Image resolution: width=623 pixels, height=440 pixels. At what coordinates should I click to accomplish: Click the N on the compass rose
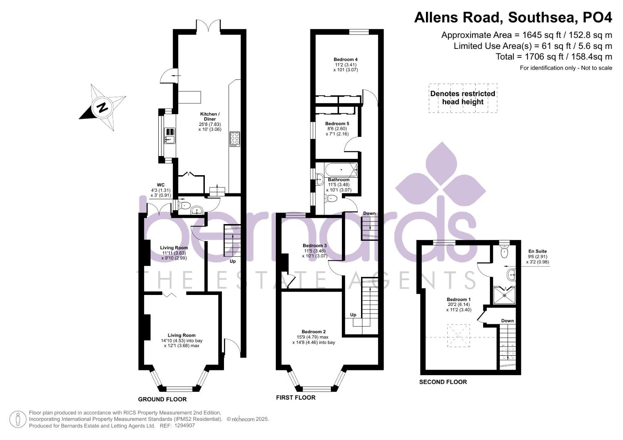click(x=103, y=107)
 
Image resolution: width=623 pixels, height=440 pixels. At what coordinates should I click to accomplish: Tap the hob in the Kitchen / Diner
click(x=235, y=139)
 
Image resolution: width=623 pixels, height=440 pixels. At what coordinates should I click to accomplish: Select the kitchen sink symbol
click(x=170, y=136)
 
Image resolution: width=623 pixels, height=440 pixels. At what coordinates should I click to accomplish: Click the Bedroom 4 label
click(x=346, y=59)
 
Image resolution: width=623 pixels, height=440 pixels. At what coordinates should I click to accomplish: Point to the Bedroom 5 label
click(x=337, y=123)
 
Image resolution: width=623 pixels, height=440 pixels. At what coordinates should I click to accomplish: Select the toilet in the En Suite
click(x=504, y=252)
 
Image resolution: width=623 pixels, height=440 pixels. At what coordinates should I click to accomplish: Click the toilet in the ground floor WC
click(x=184, y=206)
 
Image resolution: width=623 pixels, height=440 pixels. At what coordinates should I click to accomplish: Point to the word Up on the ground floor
click(x=233, y=262)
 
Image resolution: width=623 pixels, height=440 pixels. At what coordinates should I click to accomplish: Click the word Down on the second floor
click(x=507, y=321)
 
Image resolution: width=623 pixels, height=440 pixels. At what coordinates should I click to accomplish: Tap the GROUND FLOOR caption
click(x=162, y=399)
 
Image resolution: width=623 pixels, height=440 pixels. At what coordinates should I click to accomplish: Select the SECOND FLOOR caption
click(x=443, y=382)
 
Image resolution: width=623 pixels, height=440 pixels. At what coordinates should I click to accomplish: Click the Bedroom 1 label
click(x=459, y=299)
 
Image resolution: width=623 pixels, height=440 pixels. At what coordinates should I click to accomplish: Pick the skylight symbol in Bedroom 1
click(x=458, y=336)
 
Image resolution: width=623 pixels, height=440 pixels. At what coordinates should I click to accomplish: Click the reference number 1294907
click(x=185, y=426)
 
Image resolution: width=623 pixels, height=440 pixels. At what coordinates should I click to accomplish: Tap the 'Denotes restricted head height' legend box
click(x=463, y=98)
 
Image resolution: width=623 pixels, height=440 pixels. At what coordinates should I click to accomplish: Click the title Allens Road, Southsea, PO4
click(x=513, y=18)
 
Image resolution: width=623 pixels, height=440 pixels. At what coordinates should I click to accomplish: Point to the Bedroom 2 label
click(x=314, y=332)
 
